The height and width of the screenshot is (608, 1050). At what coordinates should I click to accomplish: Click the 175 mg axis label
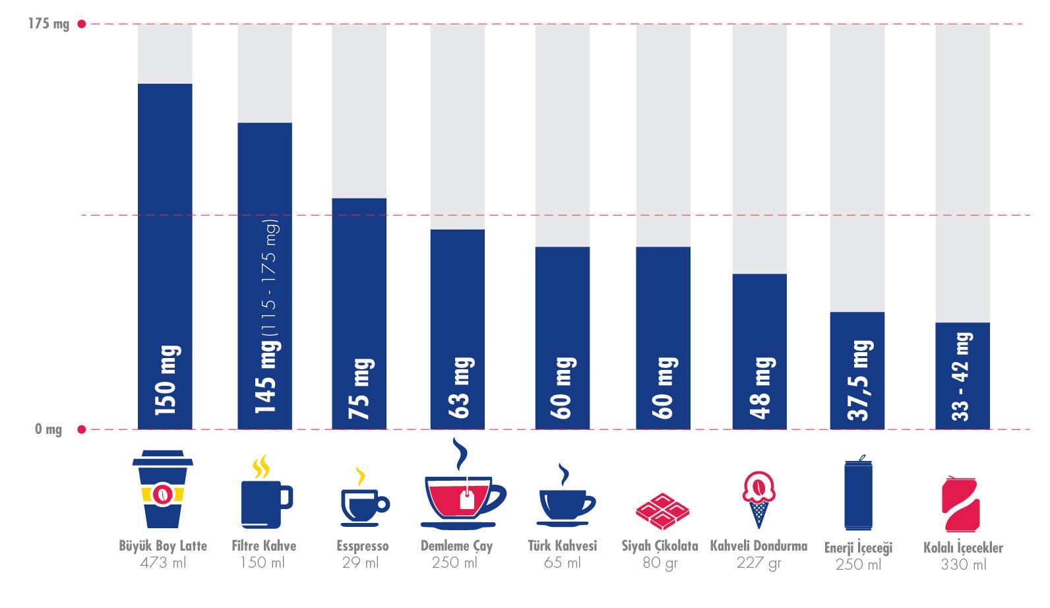48,24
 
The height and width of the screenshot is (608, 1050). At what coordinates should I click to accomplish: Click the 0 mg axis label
48,429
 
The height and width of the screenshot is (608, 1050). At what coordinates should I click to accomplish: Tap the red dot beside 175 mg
82,24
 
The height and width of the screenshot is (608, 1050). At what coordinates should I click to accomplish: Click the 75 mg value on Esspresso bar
360,388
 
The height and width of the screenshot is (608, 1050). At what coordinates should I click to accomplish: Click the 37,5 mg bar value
858,380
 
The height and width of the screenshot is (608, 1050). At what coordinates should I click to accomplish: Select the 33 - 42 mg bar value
961,377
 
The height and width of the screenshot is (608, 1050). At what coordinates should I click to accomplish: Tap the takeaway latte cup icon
162,489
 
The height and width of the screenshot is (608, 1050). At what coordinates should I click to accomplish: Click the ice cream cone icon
758,499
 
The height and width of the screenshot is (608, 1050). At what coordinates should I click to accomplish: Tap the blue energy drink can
858,494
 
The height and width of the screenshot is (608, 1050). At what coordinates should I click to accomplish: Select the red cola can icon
960,504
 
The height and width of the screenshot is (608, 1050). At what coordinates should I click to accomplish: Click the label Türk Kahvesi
562,546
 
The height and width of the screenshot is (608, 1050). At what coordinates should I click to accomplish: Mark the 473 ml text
163,563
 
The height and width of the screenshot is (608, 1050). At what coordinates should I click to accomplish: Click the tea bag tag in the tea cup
468,502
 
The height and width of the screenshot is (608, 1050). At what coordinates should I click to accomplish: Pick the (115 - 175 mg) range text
270,276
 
